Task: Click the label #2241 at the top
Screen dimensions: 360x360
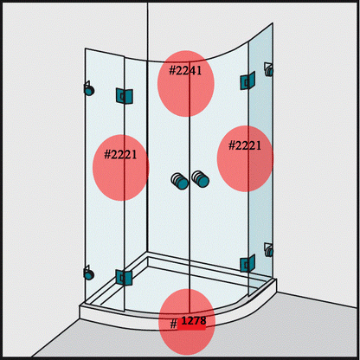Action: pos(186,70)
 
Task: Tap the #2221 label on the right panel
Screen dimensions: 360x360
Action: pos(245,145)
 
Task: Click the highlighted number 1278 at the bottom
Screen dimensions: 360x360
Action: pos(194,322)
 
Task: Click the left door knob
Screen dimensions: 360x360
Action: pos(179,181)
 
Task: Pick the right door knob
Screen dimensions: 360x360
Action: pos(202,179)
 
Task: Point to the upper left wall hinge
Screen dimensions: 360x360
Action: pos(88,88)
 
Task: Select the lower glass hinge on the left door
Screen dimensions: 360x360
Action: pos(124,278)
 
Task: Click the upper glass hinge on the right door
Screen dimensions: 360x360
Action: pos(248,82)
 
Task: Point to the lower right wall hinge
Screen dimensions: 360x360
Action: pos(269,251)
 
